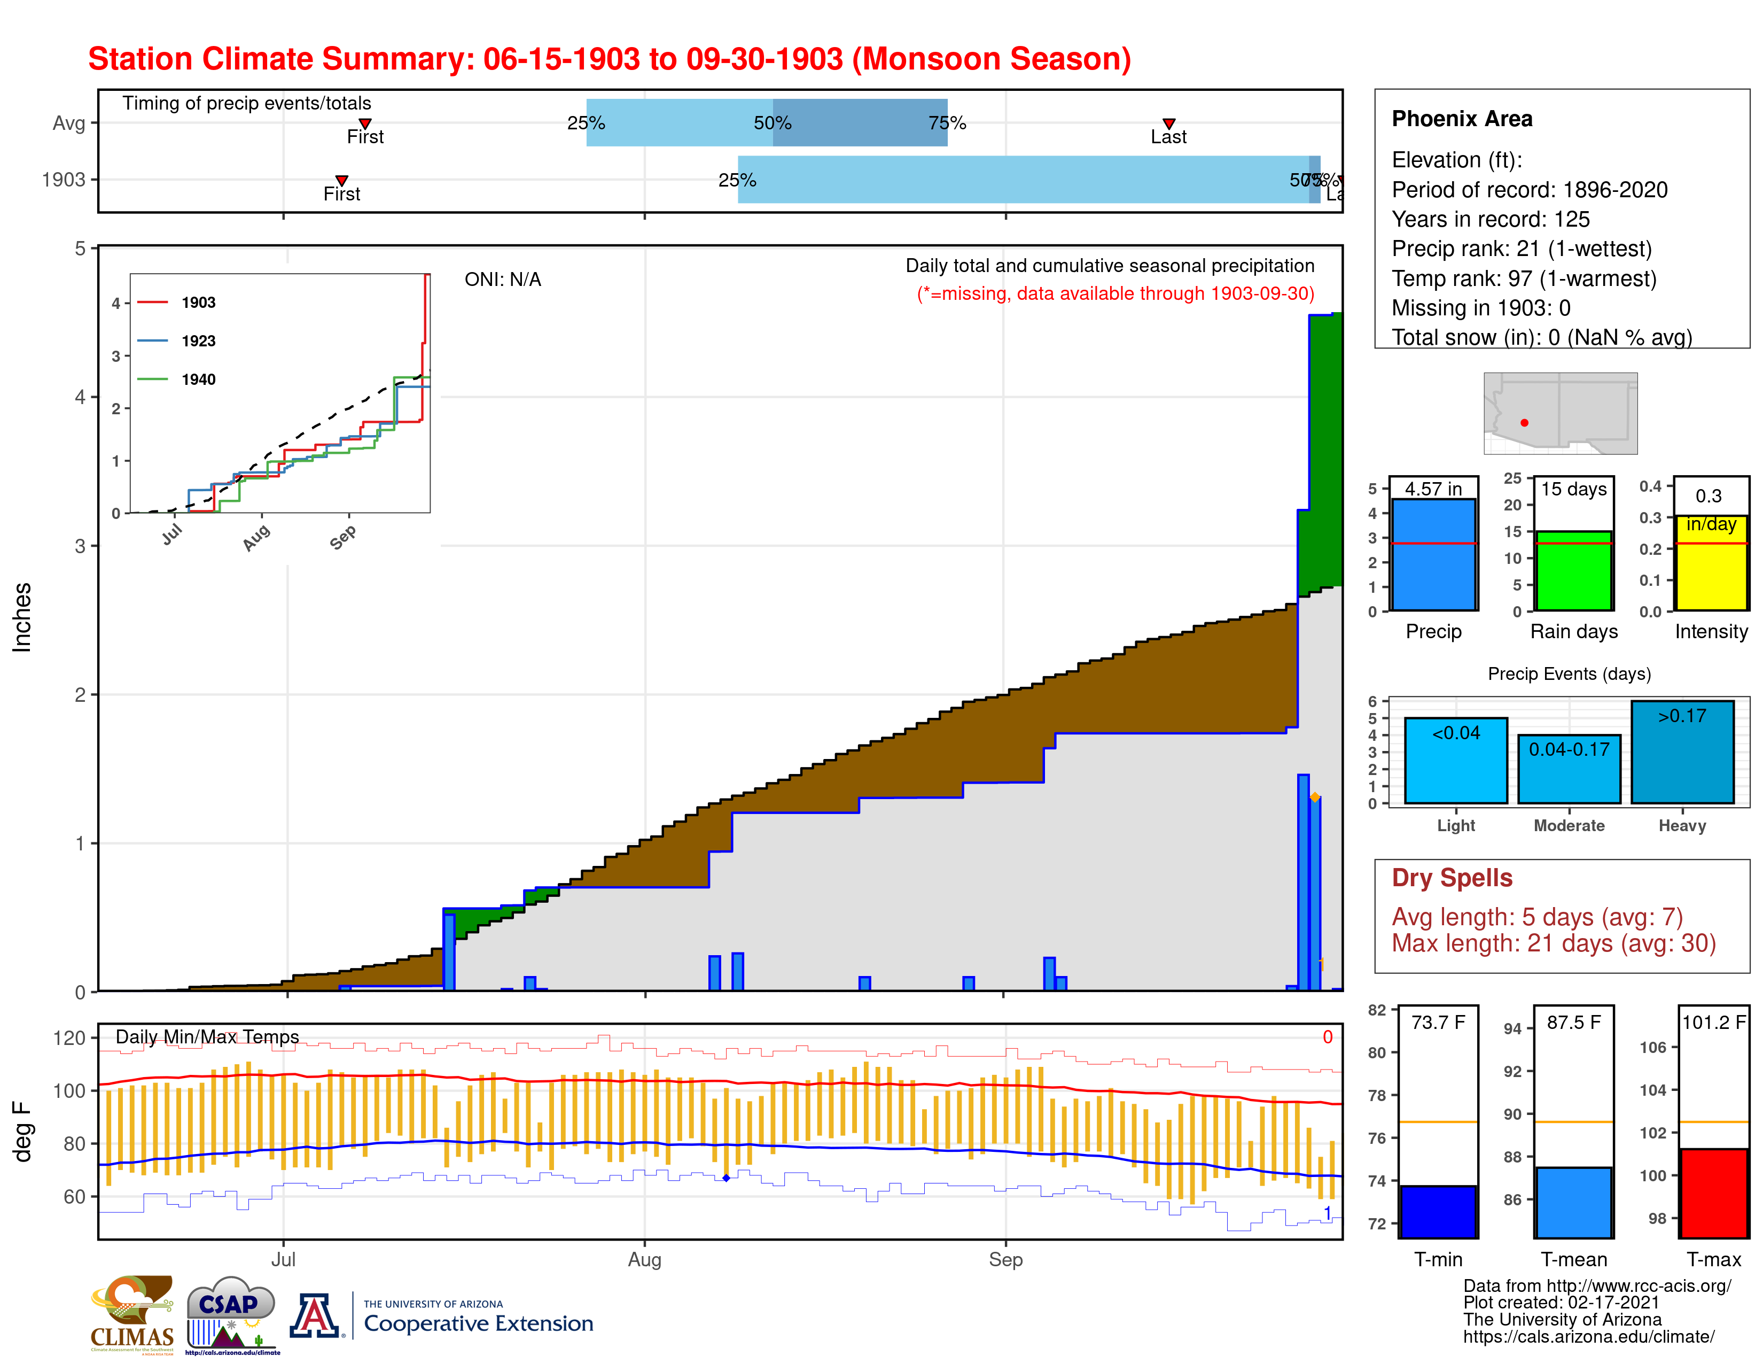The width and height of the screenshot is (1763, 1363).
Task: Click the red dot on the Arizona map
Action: point(1524,422)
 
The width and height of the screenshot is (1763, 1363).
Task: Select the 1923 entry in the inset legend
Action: point(198,341)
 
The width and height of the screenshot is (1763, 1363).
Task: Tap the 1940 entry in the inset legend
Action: point(198,380)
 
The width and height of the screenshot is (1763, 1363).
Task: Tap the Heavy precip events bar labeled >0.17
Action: point(1682,753)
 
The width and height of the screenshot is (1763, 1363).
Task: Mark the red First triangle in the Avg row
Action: point(365,123)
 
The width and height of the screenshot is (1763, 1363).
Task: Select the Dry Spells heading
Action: point(1452,878)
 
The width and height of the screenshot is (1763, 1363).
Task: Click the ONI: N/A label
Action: point(502,280)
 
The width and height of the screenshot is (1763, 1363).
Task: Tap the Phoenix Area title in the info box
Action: point(1461,119)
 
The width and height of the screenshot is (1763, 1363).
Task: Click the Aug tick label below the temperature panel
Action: point(644,1259)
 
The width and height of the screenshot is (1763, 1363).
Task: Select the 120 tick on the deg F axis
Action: point(69,1037)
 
